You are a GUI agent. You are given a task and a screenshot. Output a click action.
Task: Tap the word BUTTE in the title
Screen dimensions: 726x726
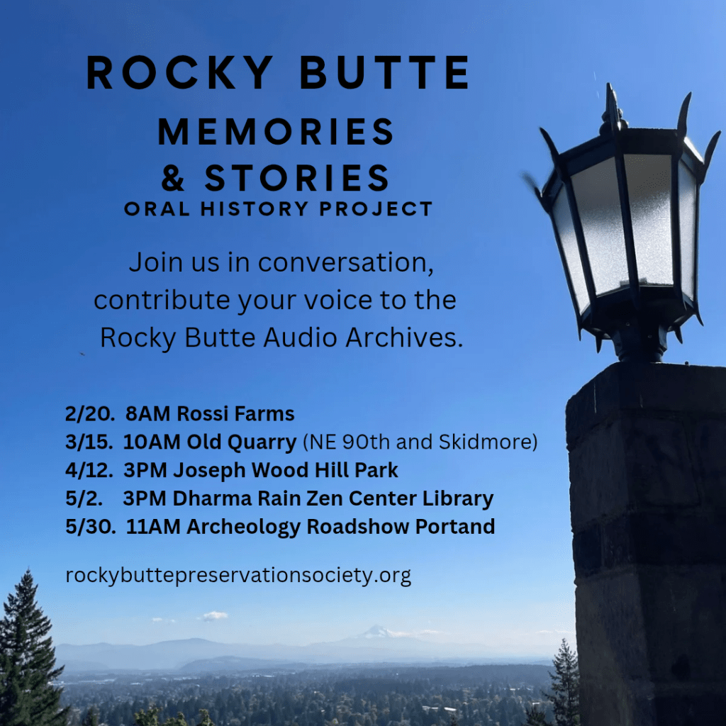(x=385, y=72)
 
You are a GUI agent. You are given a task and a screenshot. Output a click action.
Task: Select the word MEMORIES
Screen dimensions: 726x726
(x=276, y=131)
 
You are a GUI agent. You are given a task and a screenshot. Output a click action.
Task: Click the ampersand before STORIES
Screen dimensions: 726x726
(x=173, y=178)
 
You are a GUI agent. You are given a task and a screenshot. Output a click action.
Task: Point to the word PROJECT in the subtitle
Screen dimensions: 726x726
(x=376, y=209)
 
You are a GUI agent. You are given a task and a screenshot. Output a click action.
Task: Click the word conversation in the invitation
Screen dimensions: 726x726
(x=345, y=262)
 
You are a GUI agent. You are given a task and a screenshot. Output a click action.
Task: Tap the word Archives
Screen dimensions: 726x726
(x=404, y=337)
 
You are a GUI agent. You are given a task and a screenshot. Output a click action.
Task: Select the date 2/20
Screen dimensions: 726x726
(x=90, y=414)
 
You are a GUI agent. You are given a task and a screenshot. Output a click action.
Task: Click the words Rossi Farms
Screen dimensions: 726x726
(x=235, y=414)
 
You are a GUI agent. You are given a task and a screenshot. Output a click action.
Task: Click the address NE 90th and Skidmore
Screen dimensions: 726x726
(x=420, y=442)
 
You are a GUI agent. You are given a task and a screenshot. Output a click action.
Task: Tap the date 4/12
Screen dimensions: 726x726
(x=89, y=471)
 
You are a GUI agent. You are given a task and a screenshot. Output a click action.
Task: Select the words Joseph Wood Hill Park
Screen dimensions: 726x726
(x=285, y=471)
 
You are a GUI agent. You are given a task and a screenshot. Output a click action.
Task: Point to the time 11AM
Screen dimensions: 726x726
(x=153, y=527)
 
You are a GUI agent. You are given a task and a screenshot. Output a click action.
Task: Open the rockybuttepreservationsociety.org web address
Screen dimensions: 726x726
(x=238, y=576)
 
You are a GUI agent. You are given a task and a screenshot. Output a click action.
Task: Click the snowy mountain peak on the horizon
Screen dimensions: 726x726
(x=377, y=630)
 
